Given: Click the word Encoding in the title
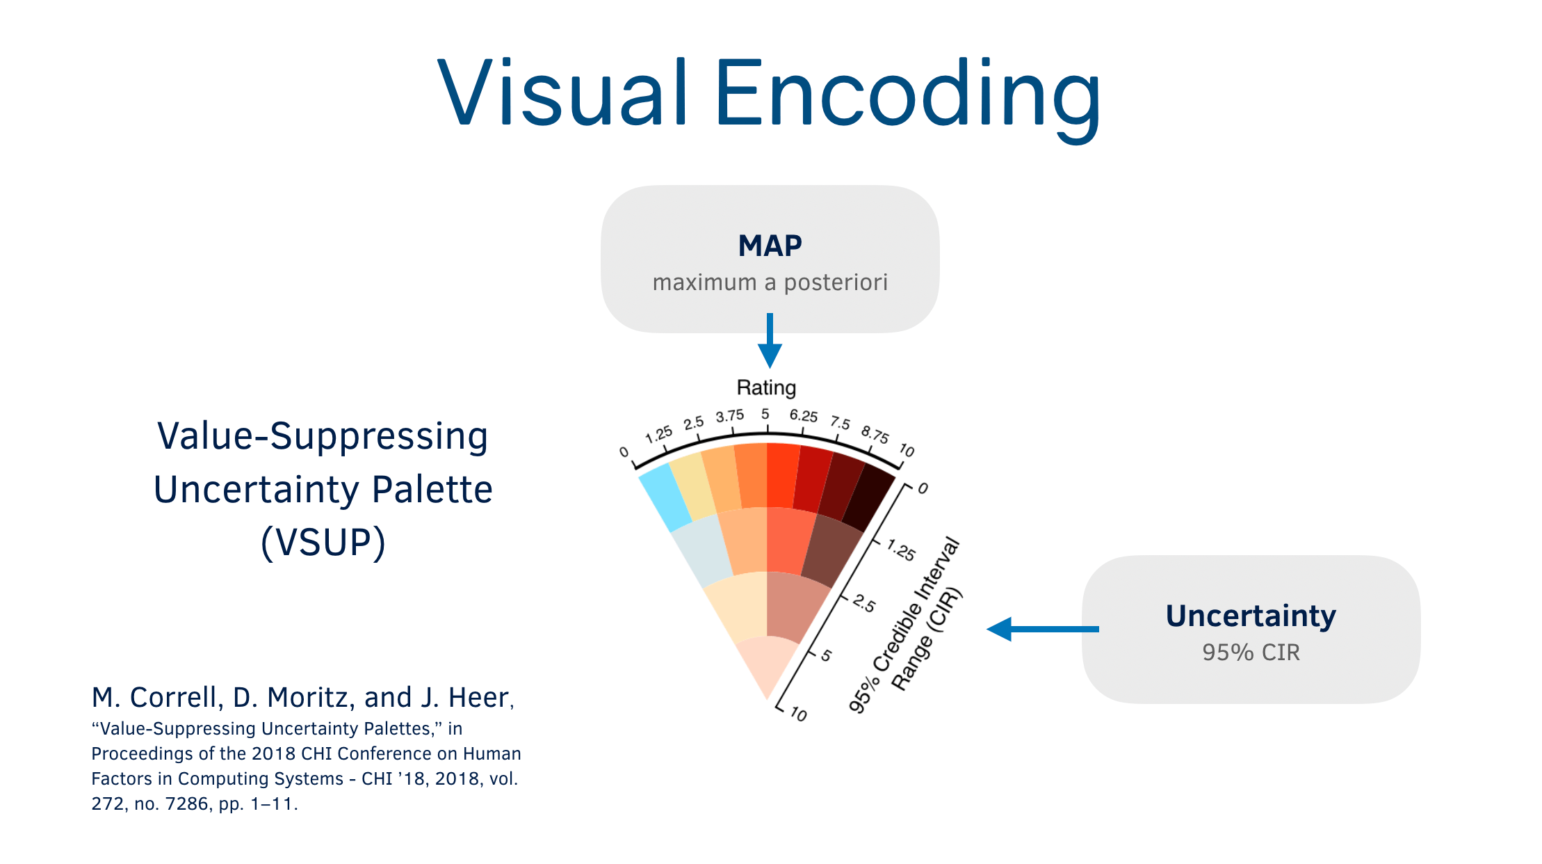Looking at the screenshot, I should [x=907, y=94].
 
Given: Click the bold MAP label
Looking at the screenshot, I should [x=770, y=246].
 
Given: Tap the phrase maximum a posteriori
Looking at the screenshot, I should [x=770, y=282].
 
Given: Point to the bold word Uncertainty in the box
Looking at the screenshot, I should [x=1251, y=616].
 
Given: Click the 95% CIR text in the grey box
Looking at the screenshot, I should [x=1251, y=653].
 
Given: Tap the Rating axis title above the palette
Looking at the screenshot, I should [x=766, y=387].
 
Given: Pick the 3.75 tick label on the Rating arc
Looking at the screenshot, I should [x=730, y=416].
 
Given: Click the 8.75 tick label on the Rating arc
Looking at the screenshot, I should [x=875, y=434].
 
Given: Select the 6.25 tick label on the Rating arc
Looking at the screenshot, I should [x=803, y=416].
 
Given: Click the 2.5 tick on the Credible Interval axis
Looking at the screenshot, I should [x=864, y=603].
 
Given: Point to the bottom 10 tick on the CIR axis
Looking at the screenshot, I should [x=799, y=714].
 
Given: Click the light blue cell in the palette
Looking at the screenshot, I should [x=665, y=497].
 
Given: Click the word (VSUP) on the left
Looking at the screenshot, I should [x=323, y=543].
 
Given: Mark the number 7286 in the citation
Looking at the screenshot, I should [x=187, y=804].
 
